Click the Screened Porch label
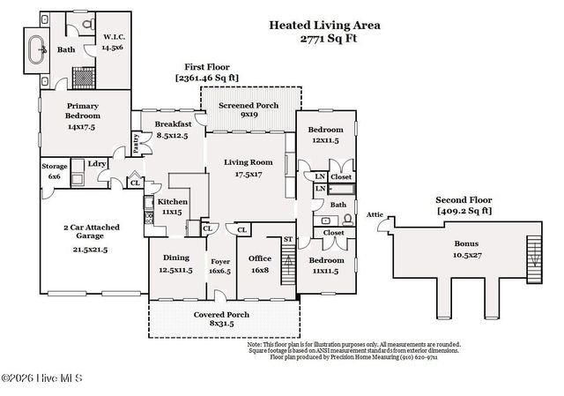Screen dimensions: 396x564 click(249, 108)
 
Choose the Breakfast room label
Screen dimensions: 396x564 click(173, 129)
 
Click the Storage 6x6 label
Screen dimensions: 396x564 click(54, 170)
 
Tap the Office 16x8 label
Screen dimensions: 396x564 click(260, 263)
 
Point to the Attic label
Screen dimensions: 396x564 click(375, 214)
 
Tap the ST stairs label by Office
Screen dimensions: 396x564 click(287, 239)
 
